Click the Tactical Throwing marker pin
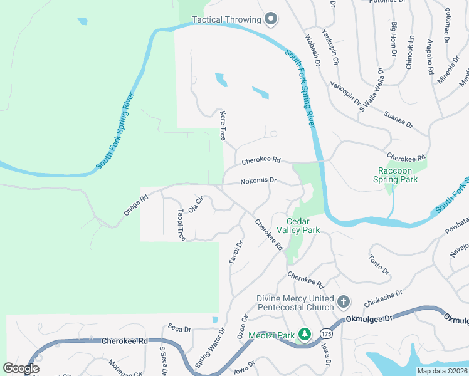point(271,19)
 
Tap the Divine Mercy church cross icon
point(343,302)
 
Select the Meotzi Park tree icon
point(305,335)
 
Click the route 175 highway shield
point(325,332)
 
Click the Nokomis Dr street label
point(258,180)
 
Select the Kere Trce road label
point(222,125)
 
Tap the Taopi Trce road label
point(181,224)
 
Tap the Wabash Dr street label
point(313,50)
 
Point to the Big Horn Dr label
point(394,39)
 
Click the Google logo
point(21,368)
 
